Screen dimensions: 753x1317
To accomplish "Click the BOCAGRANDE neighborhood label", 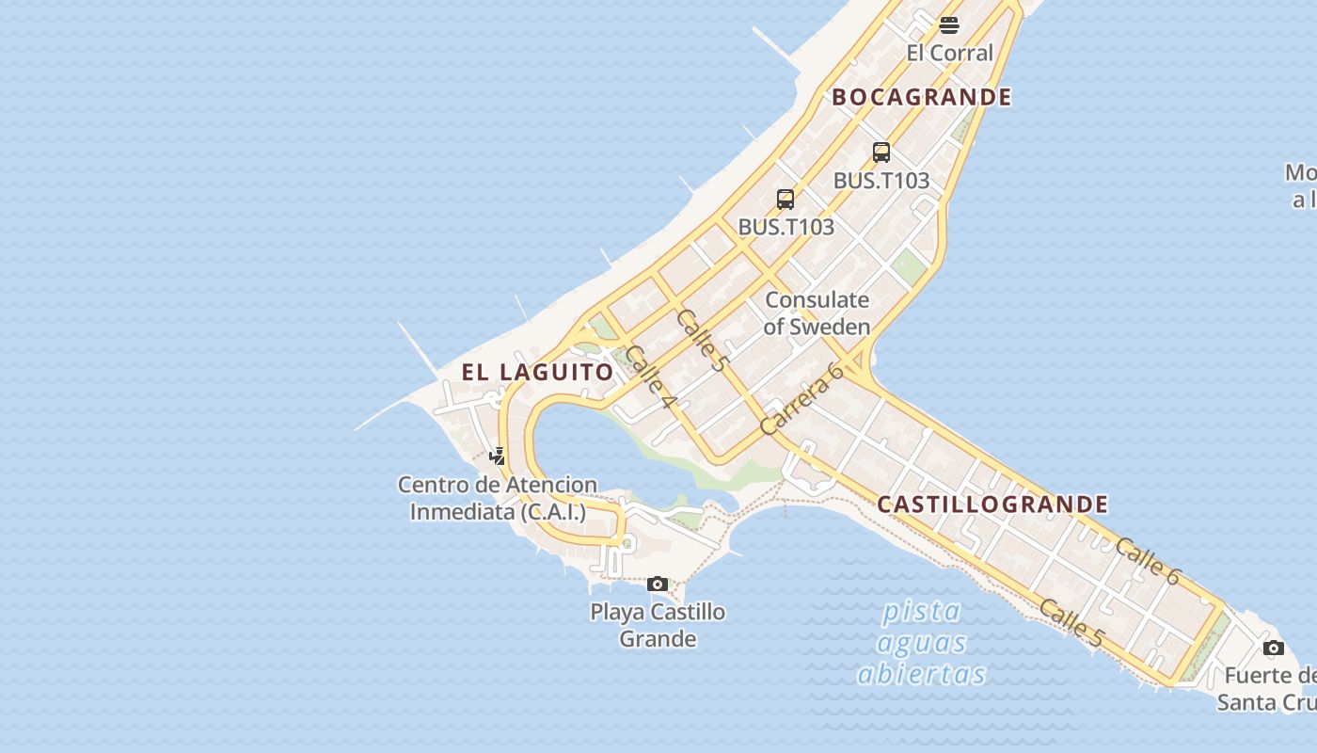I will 921,97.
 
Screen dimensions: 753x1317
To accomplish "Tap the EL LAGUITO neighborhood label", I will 537,372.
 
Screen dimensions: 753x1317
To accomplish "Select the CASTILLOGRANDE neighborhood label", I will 992,505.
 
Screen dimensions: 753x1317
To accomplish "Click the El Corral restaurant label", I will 949,53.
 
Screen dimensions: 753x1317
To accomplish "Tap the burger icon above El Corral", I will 949,24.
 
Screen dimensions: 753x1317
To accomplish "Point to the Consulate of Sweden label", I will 817,313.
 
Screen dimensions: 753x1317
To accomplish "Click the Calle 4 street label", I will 649,376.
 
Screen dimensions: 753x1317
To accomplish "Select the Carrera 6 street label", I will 801,399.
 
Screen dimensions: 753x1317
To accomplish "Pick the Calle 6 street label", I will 1147,561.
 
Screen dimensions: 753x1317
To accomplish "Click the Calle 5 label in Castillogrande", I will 1071,623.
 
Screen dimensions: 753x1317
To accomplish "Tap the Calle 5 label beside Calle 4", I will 702,340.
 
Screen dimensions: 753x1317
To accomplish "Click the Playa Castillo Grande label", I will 658,625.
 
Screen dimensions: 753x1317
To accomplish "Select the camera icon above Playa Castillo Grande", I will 658,585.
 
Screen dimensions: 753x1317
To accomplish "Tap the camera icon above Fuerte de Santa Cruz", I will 1273,648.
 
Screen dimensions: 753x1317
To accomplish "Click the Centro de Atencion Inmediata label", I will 498,498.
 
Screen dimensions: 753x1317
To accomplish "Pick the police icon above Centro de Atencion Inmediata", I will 498,457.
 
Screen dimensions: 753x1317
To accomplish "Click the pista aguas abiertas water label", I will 921,643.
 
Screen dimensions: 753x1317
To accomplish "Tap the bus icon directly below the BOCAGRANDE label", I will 881,152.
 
